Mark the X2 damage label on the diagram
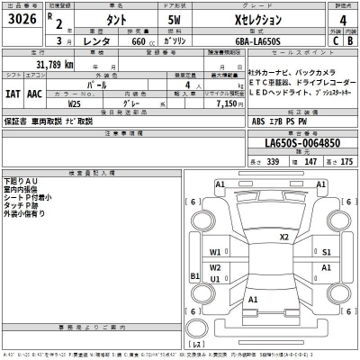[284, 238]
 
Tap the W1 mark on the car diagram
[216, 253]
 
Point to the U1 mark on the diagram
[216, 279]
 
